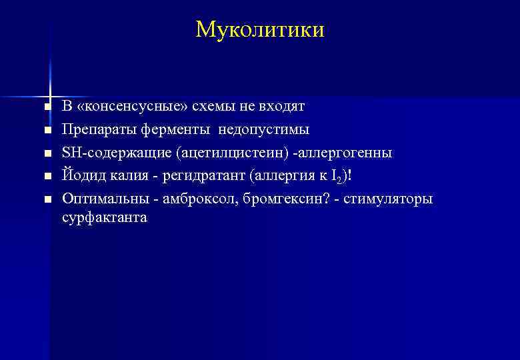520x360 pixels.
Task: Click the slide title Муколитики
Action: click(x=260, y=29)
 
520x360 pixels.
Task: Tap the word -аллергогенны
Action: click(x=345, y=153)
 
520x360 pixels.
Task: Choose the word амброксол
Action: click(x=191, y=199)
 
